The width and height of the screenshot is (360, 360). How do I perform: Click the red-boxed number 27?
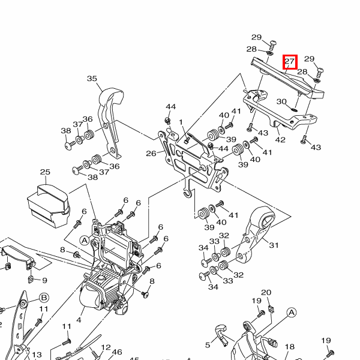click(290, 61)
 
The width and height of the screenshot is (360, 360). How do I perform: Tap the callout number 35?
click(92, 79)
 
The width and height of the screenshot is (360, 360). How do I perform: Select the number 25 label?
click(45, 172)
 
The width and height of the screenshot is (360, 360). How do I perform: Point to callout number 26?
click(151, 154)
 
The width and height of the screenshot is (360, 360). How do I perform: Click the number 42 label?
click(280, 140)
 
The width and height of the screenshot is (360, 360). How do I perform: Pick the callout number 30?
click(281, 101)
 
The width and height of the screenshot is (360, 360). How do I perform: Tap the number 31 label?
click(274, 245)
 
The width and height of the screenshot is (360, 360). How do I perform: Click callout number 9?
click(44, 280)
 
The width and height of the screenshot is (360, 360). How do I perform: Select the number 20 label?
click(266, 293)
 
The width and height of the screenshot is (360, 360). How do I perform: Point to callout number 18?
click(290, 347)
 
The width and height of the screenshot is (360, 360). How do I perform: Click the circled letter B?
click(44, 298)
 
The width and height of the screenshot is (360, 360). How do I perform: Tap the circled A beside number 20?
click(292, 312)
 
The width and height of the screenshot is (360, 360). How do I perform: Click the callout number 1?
click(180, 122)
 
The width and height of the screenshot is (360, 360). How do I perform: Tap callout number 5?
click(208, 344)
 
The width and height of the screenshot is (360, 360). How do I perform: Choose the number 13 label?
click(37, 355)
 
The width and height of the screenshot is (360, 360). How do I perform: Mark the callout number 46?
click(117, 352)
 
